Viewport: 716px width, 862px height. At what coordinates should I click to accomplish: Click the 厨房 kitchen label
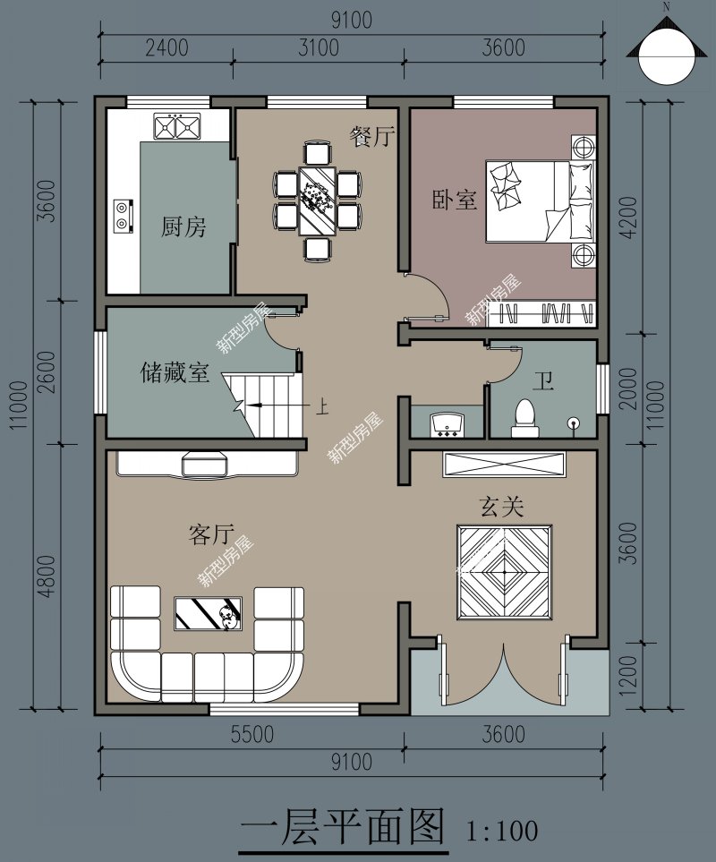coord(183,227)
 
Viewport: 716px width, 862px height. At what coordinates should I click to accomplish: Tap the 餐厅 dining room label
coord(372,136)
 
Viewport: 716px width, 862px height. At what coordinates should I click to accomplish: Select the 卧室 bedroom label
coord(455,200)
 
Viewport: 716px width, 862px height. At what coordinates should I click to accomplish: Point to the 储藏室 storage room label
coord(175,372)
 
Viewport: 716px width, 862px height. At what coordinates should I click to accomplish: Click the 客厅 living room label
coord(211,534)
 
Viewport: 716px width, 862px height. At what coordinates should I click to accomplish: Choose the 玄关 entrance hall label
coord(501,508)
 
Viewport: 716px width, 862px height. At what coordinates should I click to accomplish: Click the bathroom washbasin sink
coord(446,424)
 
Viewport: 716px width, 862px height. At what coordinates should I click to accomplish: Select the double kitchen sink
coord(175,127)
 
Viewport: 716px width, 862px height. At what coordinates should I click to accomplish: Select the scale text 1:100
coord(502,831)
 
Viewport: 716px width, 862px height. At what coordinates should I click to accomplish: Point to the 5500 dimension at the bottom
coord(251,735)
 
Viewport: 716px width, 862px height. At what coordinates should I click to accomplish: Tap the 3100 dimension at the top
coord(318,47)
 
